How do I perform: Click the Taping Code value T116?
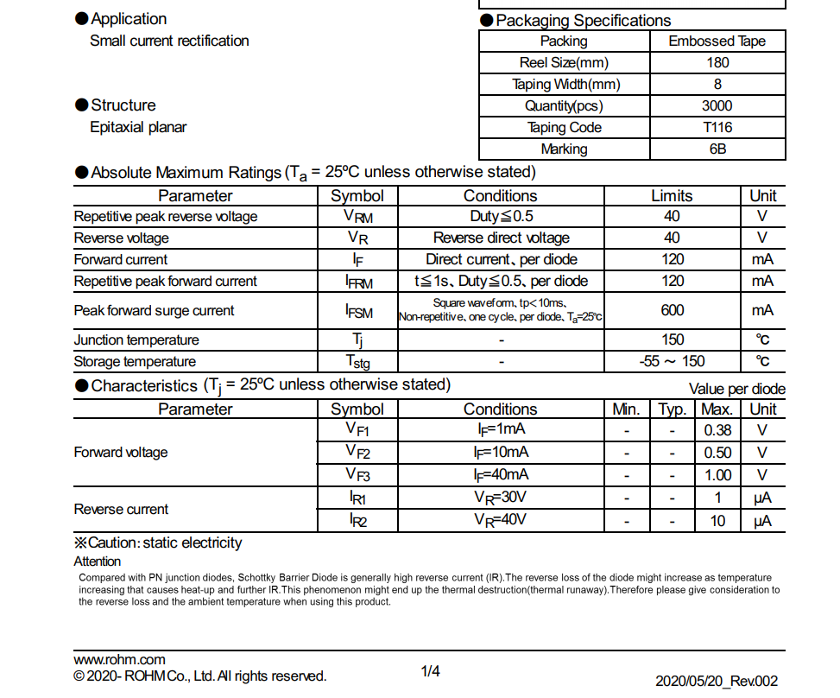point(717,127)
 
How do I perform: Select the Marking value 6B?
point(717,149)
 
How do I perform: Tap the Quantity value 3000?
point(717,105)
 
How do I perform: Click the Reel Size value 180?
point(717,62)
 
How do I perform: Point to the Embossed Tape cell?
point(717,41)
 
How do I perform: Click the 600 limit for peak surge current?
point(672,310)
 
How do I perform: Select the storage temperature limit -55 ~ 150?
point(672,361)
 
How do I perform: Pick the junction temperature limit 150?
point(672,339)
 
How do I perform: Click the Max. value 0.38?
point(717,429)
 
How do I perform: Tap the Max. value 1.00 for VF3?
point(717,475)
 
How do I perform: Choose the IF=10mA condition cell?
point(501,453)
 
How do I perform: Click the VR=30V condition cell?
point(501,498)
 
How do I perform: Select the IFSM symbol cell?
point(358,311)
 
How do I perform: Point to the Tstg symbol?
point(358,362)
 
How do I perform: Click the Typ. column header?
point(672,409)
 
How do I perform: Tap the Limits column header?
point(672,195)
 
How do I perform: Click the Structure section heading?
point(123,105)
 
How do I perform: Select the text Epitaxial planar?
point(138,127)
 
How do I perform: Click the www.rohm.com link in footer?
point(119,660)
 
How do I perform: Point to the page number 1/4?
point(431,670)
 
